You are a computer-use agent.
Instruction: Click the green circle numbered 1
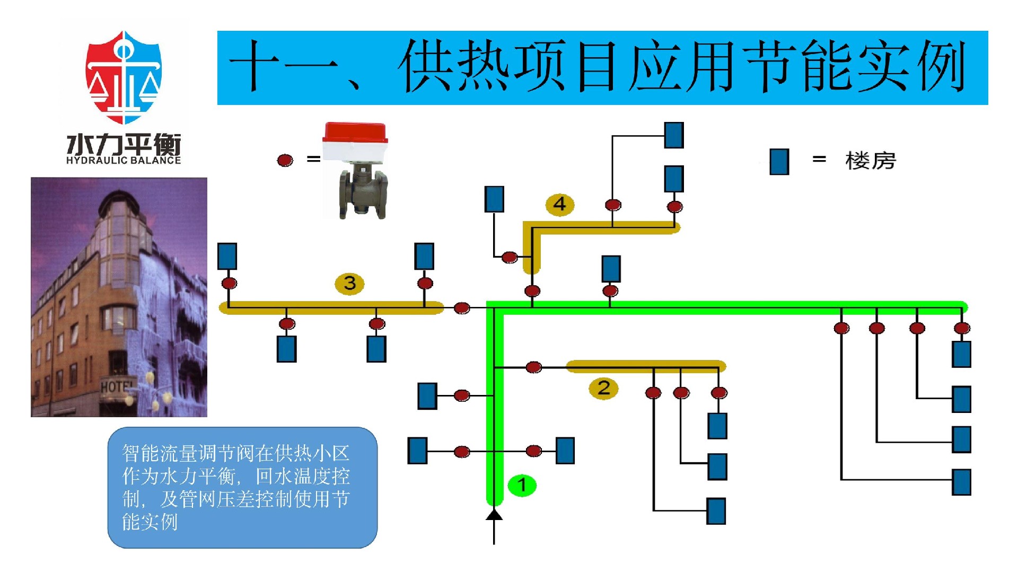pyautogui.click(x=522, y=485)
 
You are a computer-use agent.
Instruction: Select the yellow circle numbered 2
pyautogui.click(x=603, y=388)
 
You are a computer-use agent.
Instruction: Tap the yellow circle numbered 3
pyautogui.click(x=349, y=283)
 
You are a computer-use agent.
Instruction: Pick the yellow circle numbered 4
pyautogui.click(x=560, y=204)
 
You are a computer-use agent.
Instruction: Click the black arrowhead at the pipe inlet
pyautogui.click(x=494, y=514)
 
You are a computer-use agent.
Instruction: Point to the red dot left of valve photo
pyautogui.click(x=285, y=160)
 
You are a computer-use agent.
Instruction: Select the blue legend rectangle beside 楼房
pyautogui.click(x=779, y=161)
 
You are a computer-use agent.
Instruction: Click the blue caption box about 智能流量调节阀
pyautogui.click(x=242, y=487)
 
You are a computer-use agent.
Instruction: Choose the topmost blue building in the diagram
pyautogui.click(x=674, y=135)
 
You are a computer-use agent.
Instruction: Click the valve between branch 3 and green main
pyautogui.click(x=462, y=307)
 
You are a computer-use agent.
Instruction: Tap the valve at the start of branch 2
pyautogui.click(x=533, y=367)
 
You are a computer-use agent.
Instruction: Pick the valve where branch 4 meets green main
pyautogui.click(x=532, y=291)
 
